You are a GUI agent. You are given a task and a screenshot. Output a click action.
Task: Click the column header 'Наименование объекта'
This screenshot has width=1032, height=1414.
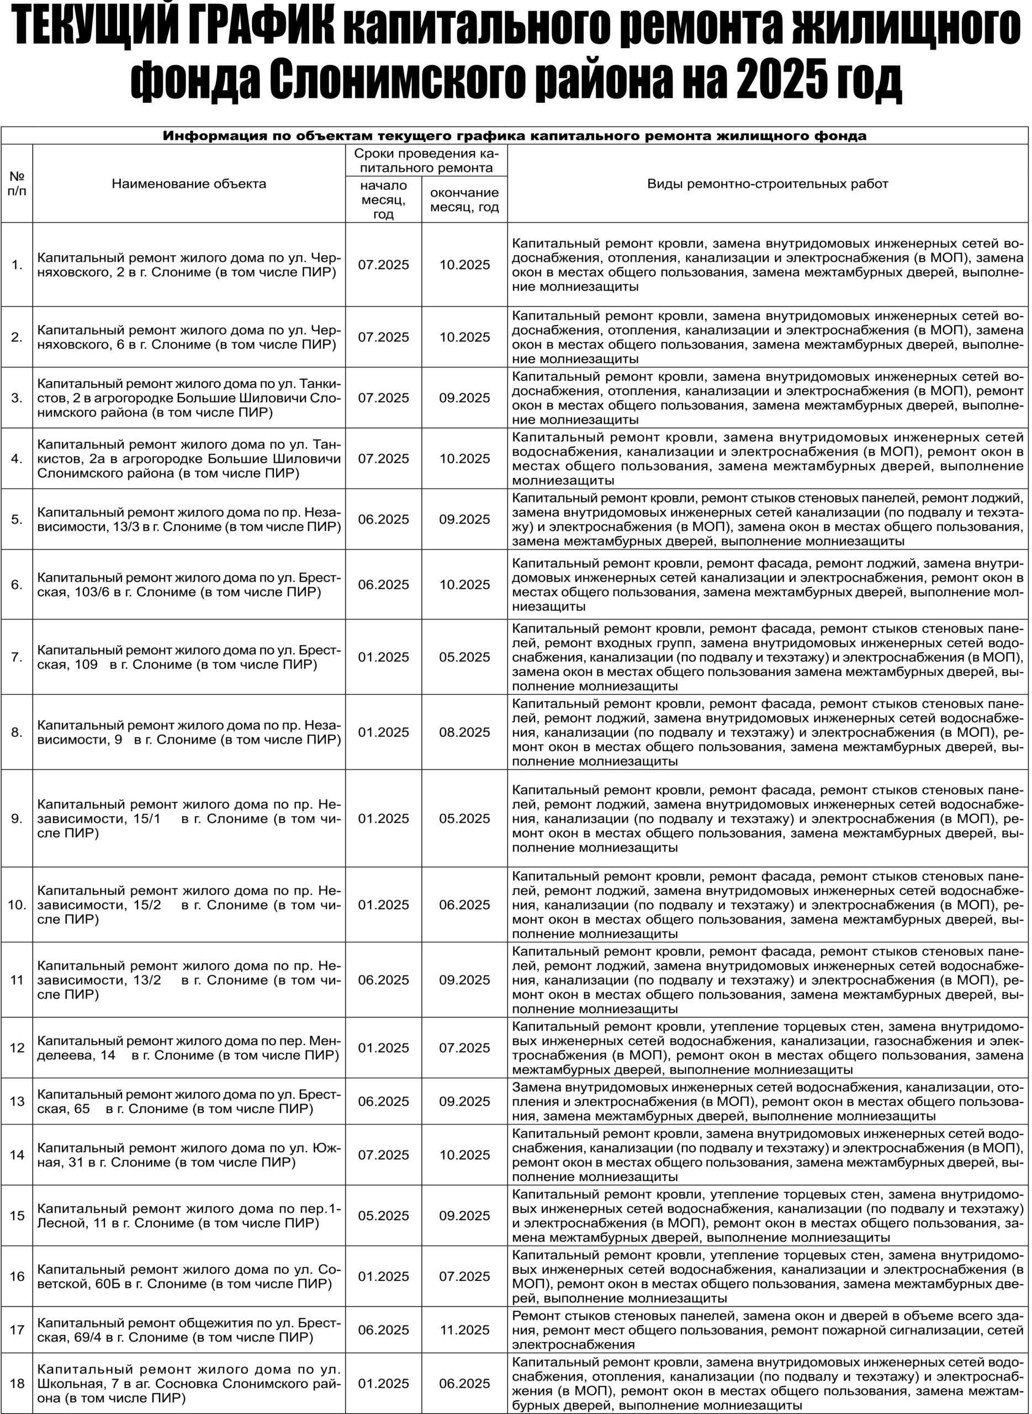coord(189,184)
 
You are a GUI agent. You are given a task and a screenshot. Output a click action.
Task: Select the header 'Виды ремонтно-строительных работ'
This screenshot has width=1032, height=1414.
coord(767,184)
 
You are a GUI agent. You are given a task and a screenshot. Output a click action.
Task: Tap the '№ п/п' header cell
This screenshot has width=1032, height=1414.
coord(17,184)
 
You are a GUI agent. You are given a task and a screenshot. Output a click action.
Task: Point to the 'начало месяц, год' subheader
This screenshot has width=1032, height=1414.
coord(384,199)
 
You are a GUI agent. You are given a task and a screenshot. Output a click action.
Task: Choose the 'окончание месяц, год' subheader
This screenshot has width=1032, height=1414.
coord(464,200)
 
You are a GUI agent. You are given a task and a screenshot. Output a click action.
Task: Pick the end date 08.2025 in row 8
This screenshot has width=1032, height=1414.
coord(464,732)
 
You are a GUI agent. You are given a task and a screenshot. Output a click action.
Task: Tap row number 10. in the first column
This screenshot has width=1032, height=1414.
coord(17,905)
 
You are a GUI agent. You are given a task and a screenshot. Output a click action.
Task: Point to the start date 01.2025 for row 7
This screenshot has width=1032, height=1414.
coord(384,657)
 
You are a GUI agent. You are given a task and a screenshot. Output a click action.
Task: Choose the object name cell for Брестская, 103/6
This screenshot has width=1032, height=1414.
coord(189,585)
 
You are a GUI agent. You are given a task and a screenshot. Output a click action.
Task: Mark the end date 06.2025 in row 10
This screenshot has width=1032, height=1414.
coord(464,905)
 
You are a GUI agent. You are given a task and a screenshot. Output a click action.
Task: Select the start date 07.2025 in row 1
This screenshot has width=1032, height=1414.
coord(384,265)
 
